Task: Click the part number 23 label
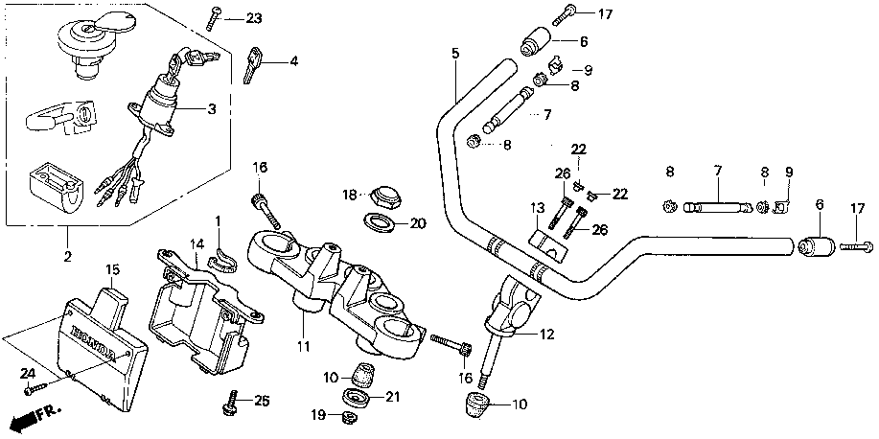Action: (253, 18)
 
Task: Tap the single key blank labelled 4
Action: (254, 64)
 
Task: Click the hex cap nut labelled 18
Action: (383, 196)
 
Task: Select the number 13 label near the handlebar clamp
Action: (538, 207)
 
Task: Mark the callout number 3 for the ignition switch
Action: (212, 107)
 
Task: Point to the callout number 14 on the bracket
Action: (196, 243)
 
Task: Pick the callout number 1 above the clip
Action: (218, 220)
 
